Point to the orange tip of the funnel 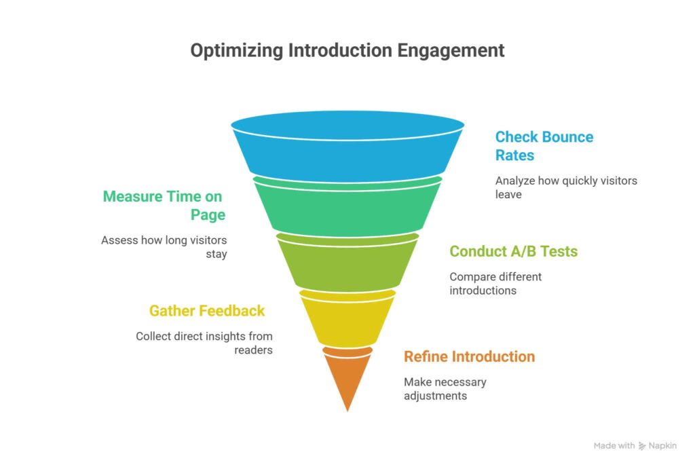[347, 377]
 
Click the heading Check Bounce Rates [544, 146]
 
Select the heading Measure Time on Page [163, 206]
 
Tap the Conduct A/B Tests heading [513, 251]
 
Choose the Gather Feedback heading [207, 311]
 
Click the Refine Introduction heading [469, 356]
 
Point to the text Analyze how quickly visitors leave [566, 187]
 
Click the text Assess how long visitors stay [164, 247]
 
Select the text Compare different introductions [495, 284]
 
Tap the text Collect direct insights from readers [204, 343]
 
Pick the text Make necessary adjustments [445, 388]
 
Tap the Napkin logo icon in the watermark [642, 446]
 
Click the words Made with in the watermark [614, 446]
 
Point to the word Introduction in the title [339, 51]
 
